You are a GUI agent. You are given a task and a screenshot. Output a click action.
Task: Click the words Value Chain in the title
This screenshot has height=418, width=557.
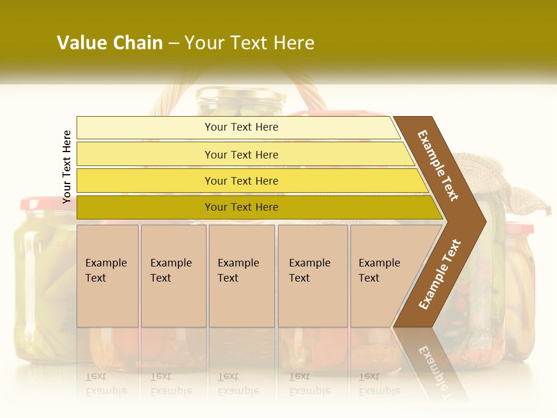click(x=110, y=43)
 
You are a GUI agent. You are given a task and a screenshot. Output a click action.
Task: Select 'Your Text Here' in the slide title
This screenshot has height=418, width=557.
click(x=249, y=43)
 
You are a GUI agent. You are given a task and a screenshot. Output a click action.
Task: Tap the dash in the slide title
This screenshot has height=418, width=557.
click(x=173, y=44)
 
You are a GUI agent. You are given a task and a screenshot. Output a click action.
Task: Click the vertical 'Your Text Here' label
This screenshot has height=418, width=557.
click(x=67, y=167)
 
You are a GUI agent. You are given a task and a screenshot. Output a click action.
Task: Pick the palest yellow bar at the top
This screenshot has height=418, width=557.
click(x=241, y=127)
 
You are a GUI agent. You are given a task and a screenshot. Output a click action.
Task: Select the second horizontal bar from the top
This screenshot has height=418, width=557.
click(x=241, y=154)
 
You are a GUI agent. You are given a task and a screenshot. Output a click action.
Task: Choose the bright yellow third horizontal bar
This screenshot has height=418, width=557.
click(x=241, y=181)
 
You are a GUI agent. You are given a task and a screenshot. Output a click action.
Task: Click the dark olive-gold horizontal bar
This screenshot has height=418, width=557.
click(x=241, y=207)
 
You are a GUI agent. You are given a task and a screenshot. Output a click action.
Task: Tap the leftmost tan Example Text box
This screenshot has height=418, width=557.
click(x=107, y=276)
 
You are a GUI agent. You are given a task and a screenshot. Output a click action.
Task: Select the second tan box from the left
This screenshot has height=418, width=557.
click(x=173, y=276)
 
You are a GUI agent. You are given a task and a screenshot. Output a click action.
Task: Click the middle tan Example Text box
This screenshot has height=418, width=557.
click(x=241, y=276)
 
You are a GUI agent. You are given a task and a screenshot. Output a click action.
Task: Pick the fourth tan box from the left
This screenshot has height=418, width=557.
click(x=312, y=276)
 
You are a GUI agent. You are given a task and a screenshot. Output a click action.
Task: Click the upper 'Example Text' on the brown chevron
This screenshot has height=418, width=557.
click(x=438, y=165)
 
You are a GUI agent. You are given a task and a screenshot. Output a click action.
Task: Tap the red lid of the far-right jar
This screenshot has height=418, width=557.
click(x=519, y=229)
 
